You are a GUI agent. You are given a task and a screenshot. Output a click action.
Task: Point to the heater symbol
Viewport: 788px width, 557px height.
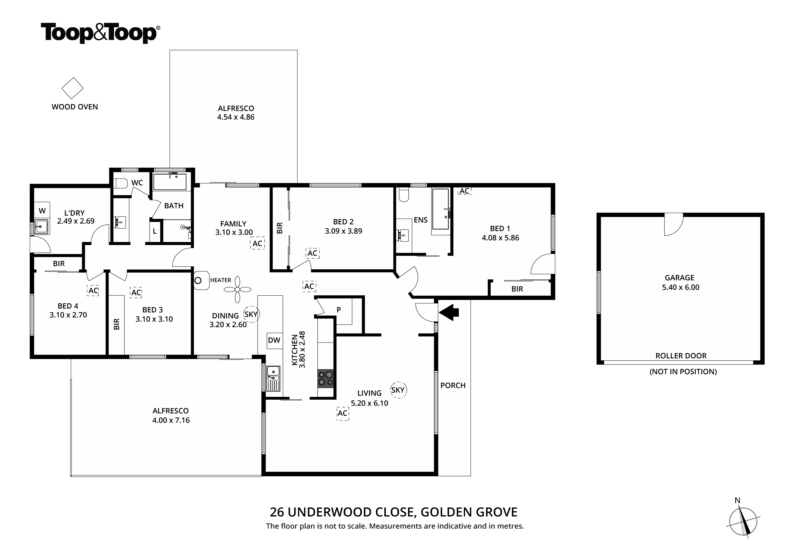tap(201, 280)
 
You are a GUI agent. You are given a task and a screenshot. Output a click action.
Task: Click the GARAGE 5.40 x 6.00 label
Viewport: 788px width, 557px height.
tap(680, 283)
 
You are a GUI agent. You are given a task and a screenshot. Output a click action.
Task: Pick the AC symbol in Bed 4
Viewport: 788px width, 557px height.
tap(93, 291)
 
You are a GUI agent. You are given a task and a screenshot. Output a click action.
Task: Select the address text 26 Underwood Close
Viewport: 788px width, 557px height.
tap(393, 512)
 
